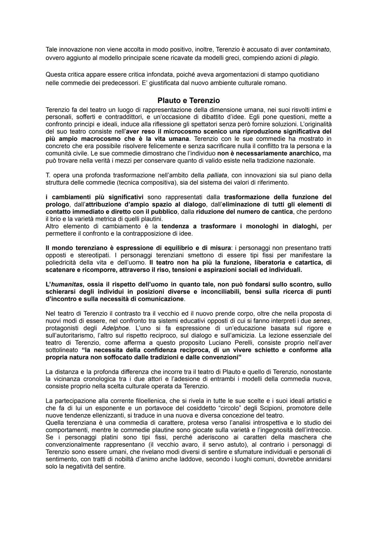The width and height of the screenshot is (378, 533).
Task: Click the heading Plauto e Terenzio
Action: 189,101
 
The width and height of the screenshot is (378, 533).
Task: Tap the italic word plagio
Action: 309,58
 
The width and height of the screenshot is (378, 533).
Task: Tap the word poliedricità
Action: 62,262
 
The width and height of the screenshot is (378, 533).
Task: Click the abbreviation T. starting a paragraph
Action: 48,175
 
